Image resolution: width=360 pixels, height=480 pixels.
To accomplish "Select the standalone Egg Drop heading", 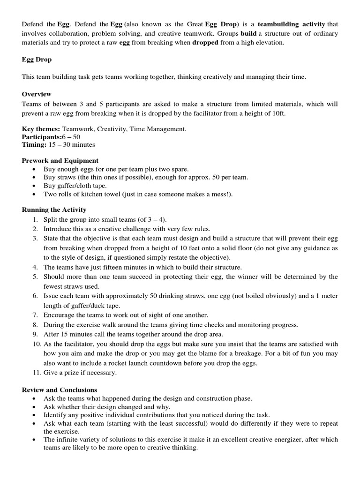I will pos(37,60).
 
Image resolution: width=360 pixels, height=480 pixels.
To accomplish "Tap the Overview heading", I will pos(37,94).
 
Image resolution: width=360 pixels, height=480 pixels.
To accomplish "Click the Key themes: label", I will pos(39,129).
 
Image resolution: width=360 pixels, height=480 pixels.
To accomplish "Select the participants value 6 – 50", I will pos(70,137).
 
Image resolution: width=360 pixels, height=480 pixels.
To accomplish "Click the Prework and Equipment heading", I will pos(60,160).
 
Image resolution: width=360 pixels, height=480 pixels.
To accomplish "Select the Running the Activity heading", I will pos(54,210).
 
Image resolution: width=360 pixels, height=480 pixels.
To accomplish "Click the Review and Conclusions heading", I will pos(60,390).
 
